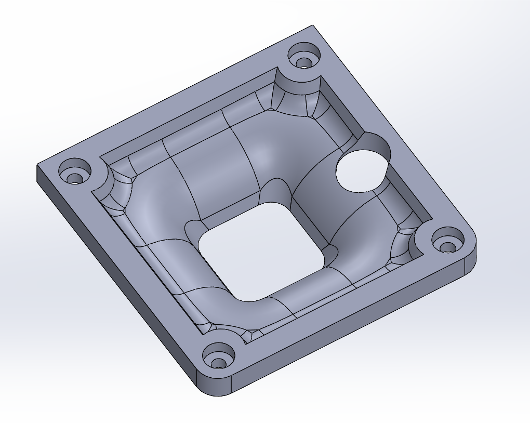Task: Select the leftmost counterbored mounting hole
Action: (74, 173)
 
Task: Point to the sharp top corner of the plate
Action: (313, 26)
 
